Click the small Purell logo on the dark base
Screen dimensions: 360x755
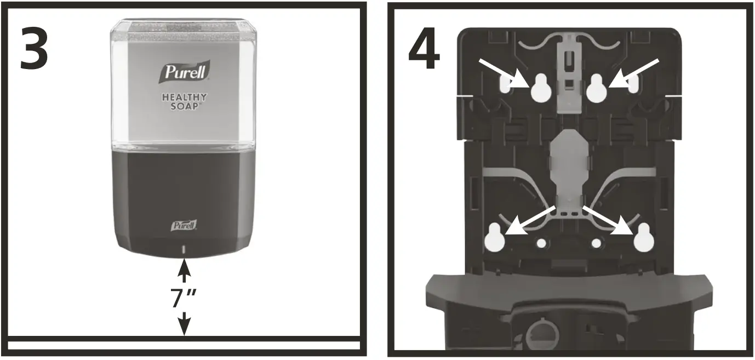tap(185, 225)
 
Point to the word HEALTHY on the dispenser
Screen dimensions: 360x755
tap(184, 98)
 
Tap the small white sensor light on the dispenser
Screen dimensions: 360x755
tap(184, 250)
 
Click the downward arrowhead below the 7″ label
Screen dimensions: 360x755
tap(185, 327)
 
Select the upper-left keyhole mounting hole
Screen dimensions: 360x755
tap(540, 90)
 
